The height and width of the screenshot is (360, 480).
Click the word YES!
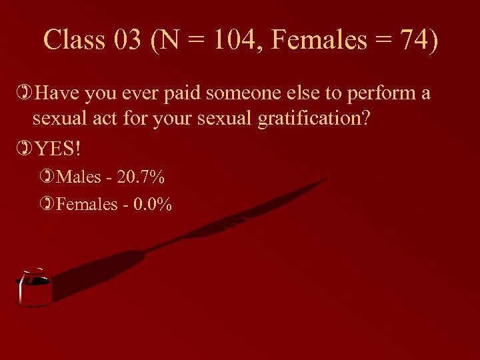coord(57,148)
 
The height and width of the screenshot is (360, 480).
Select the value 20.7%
coord(141,178)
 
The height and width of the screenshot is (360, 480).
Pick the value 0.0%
coord(153,204)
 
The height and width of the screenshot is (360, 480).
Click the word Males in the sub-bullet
coord(79,178)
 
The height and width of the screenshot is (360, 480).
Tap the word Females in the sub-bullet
coord(87,204)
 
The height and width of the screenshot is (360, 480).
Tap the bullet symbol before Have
coord(25,93)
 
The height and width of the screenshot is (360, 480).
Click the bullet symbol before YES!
coord(25,148)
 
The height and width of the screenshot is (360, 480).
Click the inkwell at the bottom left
coord(34,289)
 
